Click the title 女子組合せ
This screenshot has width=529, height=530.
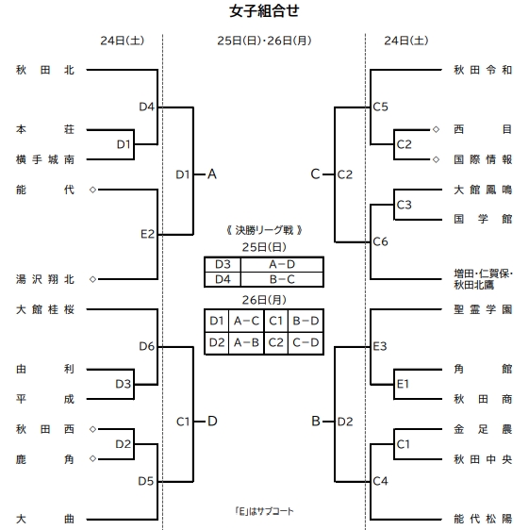(x=264, y=11)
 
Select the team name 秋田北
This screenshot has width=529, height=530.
(x=45, y=70)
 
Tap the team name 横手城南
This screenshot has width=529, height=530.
(x=45, y=160)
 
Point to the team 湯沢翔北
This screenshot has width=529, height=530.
(x=45, y=279)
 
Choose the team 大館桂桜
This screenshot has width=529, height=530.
(x=45, y=308)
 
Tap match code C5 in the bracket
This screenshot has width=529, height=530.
(x=381, y=108)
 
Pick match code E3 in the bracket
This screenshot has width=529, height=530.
(x=381, y=346)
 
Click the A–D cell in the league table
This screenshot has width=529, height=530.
(x=279, y=265)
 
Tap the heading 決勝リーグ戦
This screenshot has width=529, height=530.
(x=264, y=230)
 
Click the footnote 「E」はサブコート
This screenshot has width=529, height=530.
(x=265, y=511)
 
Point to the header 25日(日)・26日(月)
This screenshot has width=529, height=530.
(x=264, y=41)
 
